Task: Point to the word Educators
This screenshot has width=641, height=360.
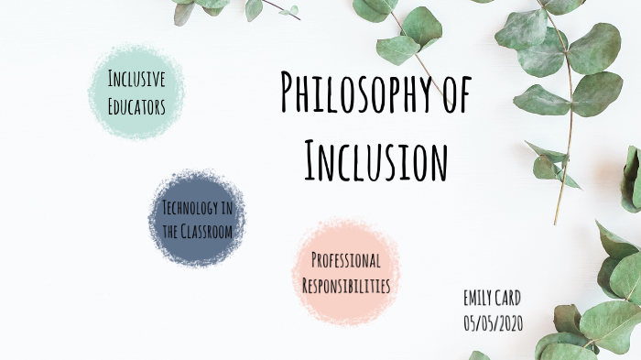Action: point(136,107)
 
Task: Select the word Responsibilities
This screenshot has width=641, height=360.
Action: point(346,286)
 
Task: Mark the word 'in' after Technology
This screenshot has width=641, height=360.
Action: point(225,206)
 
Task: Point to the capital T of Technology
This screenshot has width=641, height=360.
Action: point(165,206)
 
